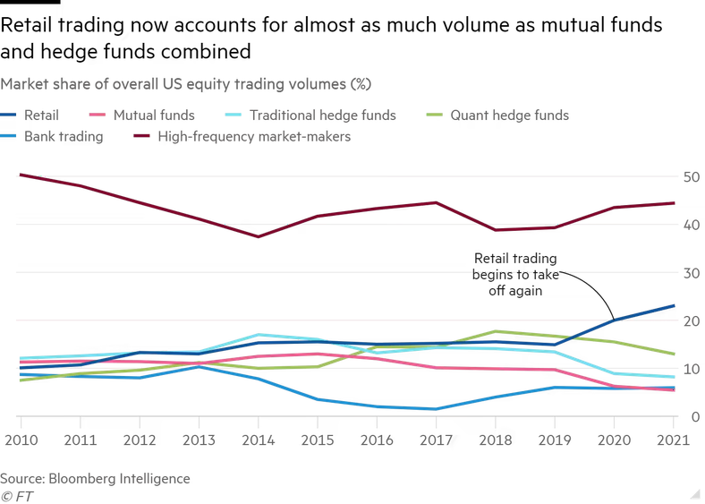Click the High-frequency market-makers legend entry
(x=253, y=137)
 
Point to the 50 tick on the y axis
(x=690, y=177)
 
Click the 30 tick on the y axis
(x=690, y=273)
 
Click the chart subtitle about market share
(x=186, y=84)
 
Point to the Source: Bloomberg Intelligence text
(x=95, y=478)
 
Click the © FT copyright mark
(x=16, y=495)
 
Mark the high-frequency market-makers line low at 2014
(x=258, y=236)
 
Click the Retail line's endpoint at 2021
(x=674, y=305)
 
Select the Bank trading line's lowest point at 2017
(x=436, y=409)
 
